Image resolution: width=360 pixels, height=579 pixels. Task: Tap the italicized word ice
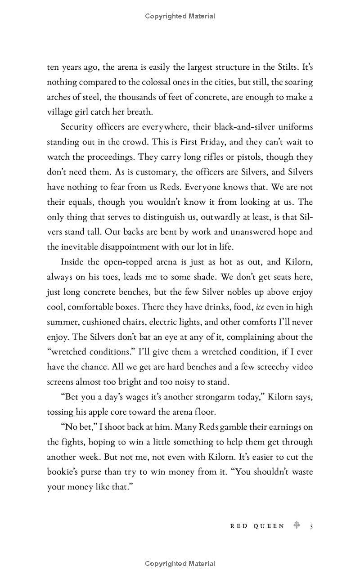point(260,307)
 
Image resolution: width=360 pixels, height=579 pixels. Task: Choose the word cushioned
point(98,322)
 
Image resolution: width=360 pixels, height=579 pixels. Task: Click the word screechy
point(273,367)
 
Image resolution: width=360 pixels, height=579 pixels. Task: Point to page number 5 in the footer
point(311,525)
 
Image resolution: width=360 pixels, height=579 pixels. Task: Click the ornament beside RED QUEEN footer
point(297,525)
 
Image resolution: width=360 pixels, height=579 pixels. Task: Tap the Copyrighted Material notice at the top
point(180,16)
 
